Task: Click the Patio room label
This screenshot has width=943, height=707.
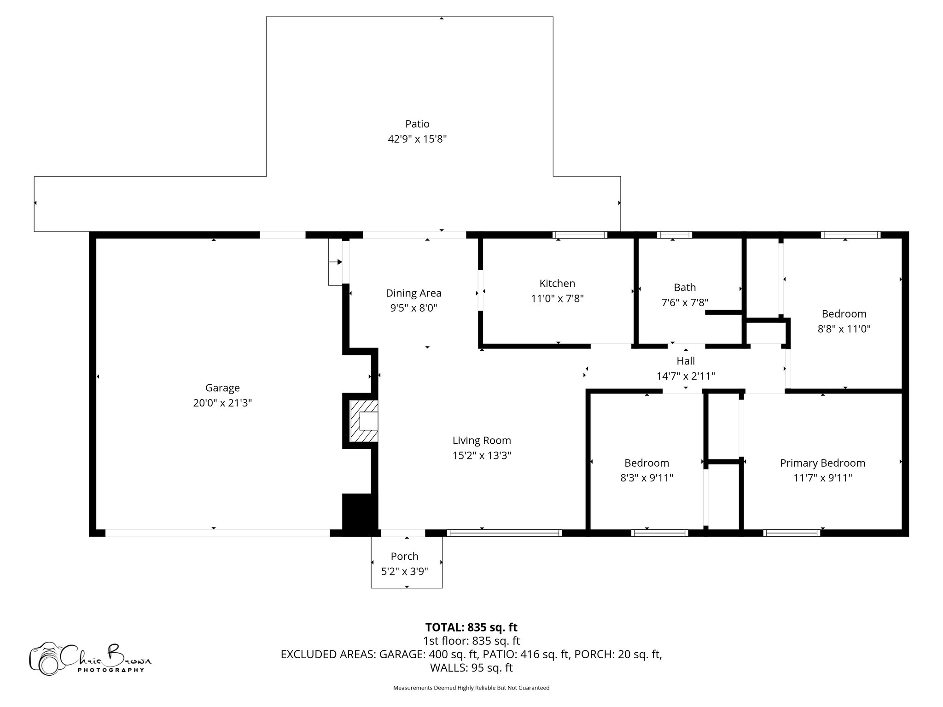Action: [x=417, y=124]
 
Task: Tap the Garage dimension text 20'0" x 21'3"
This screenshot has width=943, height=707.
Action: [x=222, y=403]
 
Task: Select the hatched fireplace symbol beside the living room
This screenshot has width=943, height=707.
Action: [x=363, y=421]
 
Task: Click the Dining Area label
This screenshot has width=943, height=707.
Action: [x=413, y=293]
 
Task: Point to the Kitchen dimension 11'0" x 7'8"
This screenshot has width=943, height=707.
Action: [x=557, y=299]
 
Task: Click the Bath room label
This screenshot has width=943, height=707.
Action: [x=685, y=288]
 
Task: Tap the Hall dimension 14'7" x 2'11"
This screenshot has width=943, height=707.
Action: [x=686, y=376]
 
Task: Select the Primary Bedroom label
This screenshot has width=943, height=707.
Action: [x=822, y=463]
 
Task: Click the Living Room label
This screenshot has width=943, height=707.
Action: [x=482, y=440]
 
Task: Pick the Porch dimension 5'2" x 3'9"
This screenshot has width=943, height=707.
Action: [x=405, y=572]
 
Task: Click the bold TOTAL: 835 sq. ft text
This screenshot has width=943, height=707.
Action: [x=471, y=627]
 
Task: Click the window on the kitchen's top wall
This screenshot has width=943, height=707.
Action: [x=580, y=235]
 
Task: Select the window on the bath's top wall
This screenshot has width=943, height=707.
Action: [x=674, y=235]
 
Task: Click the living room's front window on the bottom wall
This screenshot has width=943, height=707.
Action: [x=504, y=533]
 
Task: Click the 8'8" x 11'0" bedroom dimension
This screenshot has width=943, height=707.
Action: [x=844, y=329]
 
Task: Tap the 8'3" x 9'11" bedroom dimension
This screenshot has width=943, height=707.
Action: [x=646, y=478]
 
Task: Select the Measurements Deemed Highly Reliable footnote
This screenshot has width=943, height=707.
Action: [x=471, y=688]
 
